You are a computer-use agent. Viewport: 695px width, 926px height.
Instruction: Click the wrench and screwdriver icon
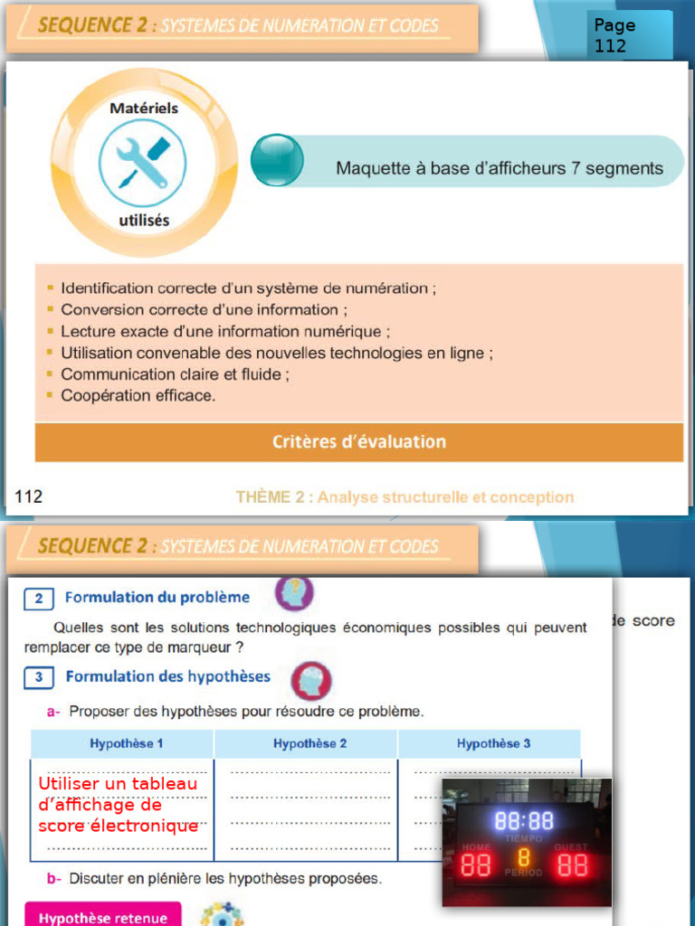click(x=143, y=164)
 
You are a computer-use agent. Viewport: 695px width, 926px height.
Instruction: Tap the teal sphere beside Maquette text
click(x=277, y=160)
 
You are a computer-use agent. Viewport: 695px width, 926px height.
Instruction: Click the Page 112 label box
click(x=630, y=35)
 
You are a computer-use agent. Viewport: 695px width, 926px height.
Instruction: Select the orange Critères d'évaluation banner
click(x=359, y=442)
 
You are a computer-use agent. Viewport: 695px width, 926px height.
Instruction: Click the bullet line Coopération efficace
click(x=138, y=395)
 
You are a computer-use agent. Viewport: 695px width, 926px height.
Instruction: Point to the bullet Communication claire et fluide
click(x=175, y=373)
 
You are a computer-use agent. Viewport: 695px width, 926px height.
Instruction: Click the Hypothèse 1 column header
click(x=126, y=743)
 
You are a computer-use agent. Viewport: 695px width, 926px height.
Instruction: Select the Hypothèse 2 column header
click(x=309, y=743)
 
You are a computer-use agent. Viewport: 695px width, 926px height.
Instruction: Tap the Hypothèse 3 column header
click(x=493, y=743)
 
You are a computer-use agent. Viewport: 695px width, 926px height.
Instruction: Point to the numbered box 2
click(x=38, y=598)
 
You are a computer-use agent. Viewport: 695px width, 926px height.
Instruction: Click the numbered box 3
click(x=38, y=676)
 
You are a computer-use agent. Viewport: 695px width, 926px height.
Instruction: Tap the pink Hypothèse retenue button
click(x=102, y=917)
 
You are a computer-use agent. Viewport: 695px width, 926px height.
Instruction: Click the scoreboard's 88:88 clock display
click(x=524, y=820)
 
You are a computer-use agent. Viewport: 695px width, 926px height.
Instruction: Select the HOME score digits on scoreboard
click(x=476, y=865)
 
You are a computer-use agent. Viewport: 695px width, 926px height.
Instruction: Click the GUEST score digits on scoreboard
click(x=572, y=865)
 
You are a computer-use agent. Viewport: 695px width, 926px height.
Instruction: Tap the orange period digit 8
click(x=524, y=857)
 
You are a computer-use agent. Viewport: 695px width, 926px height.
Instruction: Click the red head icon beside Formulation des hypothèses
click(x=311, y=681)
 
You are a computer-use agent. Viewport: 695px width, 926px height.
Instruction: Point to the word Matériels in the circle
click(x=144, y=108)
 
